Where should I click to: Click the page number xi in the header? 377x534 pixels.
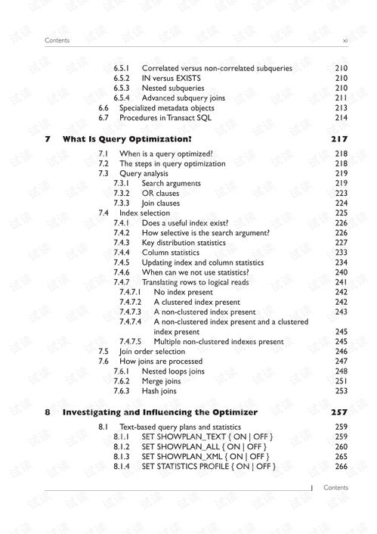[345, 40]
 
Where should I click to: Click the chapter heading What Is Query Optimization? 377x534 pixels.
[126, 140]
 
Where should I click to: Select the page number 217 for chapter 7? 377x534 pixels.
[339, 140]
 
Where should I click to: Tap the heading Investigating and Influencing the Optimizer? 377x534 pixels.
[159, 412]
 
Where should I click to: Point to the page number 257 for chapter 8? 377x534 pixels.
[339, 412]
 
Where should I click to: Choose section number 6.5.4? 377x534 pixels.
[122, 98]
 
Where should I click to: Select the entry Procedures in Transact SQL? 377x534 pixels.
[165, 117]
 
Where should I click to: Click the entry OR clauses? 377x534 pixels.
[160, 193]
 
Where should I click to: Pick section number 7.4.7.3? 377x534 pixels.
[130, 312]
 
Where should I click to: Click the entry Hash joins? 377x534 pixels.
[159, 391]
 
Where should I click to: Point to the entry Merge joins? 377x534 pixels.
[162, 381]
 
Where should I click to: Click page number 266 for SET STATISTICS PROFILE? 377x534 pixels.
[341, 467]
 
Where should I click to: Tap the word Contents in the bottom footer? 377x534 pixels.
[335, 488]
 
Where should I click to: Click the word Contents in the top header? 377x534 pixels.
[57, 40]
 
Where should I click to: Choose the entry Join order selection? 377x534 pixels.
[152, 352]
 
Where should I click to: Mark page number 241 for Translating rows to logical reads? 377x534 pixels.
[341, 282]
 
